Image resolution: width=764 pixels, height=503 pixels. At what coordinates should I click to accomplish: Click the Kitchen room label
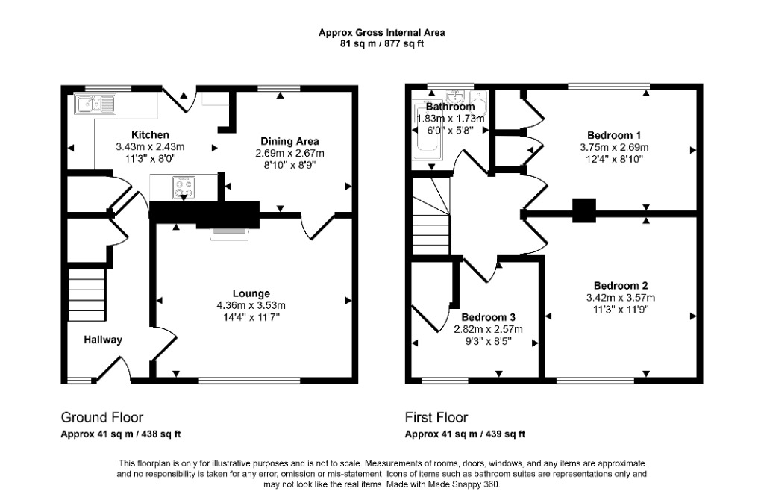coord(150,134)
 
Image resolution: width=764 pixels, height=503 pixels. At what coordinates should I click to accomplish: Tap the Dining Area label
coord(290,141)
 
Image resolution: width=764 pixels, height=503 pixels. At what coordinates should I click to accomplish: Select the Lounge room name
coord(251,293)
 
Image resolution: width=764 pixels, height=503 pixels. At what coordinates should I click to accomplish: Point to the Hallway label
coord(103,340)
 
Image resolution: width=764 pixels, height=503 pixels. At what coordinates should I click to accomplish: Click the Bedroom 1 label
coord(614,135)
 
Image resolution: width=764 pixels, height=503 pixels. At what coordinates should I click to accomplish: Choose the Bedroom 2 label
coord(621,286)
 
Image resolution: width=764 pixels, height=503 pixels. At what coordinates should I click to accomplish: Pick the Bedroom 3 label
coord(489,317)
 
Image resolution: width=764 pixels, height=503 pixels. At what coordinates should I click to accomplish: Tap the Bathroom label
coord(450,106)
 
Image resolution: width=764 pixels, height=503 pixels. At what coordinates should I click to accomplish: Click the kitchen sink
coord(95,104)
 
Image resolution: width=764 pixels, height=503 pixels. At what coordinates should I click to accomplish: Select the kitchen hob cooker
coord(184,187)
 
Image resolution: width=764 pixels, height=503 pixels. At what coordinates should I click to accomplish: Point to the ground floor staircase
coord(87,294)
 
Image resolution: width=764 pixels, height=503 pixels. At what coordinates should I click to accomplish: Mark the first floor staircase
coord(430,216)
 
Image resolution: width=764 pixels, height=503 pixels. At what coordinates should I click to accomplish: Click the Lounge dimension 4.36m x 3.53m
coord(251,305)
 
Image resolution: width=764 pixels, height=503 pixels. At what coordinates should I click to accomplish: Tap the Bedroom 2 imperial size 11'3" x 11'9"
coord(621,310)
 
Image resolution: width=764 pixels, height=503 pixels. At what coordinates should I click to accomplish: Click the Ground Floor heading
coord(101,418)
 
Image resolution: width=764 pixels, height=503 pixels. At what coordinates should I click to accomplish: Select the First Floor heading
coord(436,418)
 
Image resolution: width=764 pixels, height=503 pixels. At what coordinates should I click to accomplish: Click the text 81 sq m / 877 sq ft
coord(381,43)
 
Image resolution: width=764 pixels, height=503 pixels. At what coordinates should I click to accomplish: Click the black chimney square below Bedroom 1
coord(583,210)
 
